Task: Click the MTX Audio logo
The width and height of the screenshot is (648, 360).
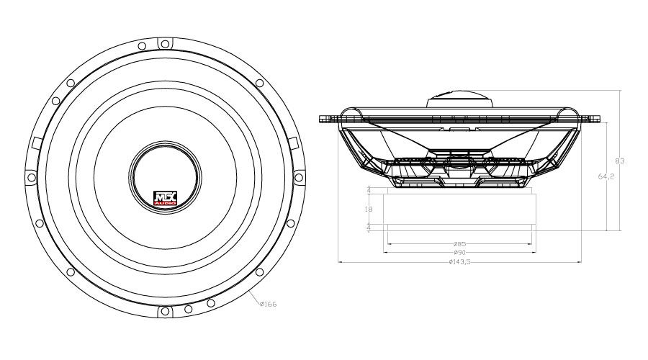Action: (165, 199)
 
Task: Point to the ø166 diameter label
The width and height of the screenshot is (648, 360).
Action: (267, 305)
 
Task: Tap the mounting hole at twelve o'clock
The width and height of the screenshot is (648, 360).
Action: (165, 42)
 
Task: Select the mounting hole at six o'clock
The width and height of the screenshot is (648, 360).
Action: (165, 312)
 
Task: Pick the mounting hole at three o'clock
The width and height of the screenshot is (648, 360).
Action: (300, 177)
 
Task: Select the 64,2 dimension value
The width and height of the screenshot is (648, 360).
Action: (606, 176)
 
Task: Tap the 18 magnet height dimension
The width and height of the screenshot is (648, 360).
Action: (369, 209)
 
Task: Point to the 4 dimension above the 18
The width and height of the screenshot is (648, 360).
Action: (369, 190)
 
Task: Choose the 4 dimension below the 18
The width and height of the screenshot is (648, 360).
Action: (369, 227)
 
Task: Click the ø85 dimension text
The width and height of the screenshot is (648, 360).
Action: (459, 243)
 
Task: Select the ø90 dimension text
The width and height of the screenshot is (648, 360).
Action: (459, 253)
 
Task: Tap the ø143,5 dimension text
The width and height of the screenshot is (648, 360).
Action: (459, 262)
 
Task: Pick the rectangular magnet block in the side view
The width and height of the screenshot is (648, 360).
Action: (459, 209)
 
